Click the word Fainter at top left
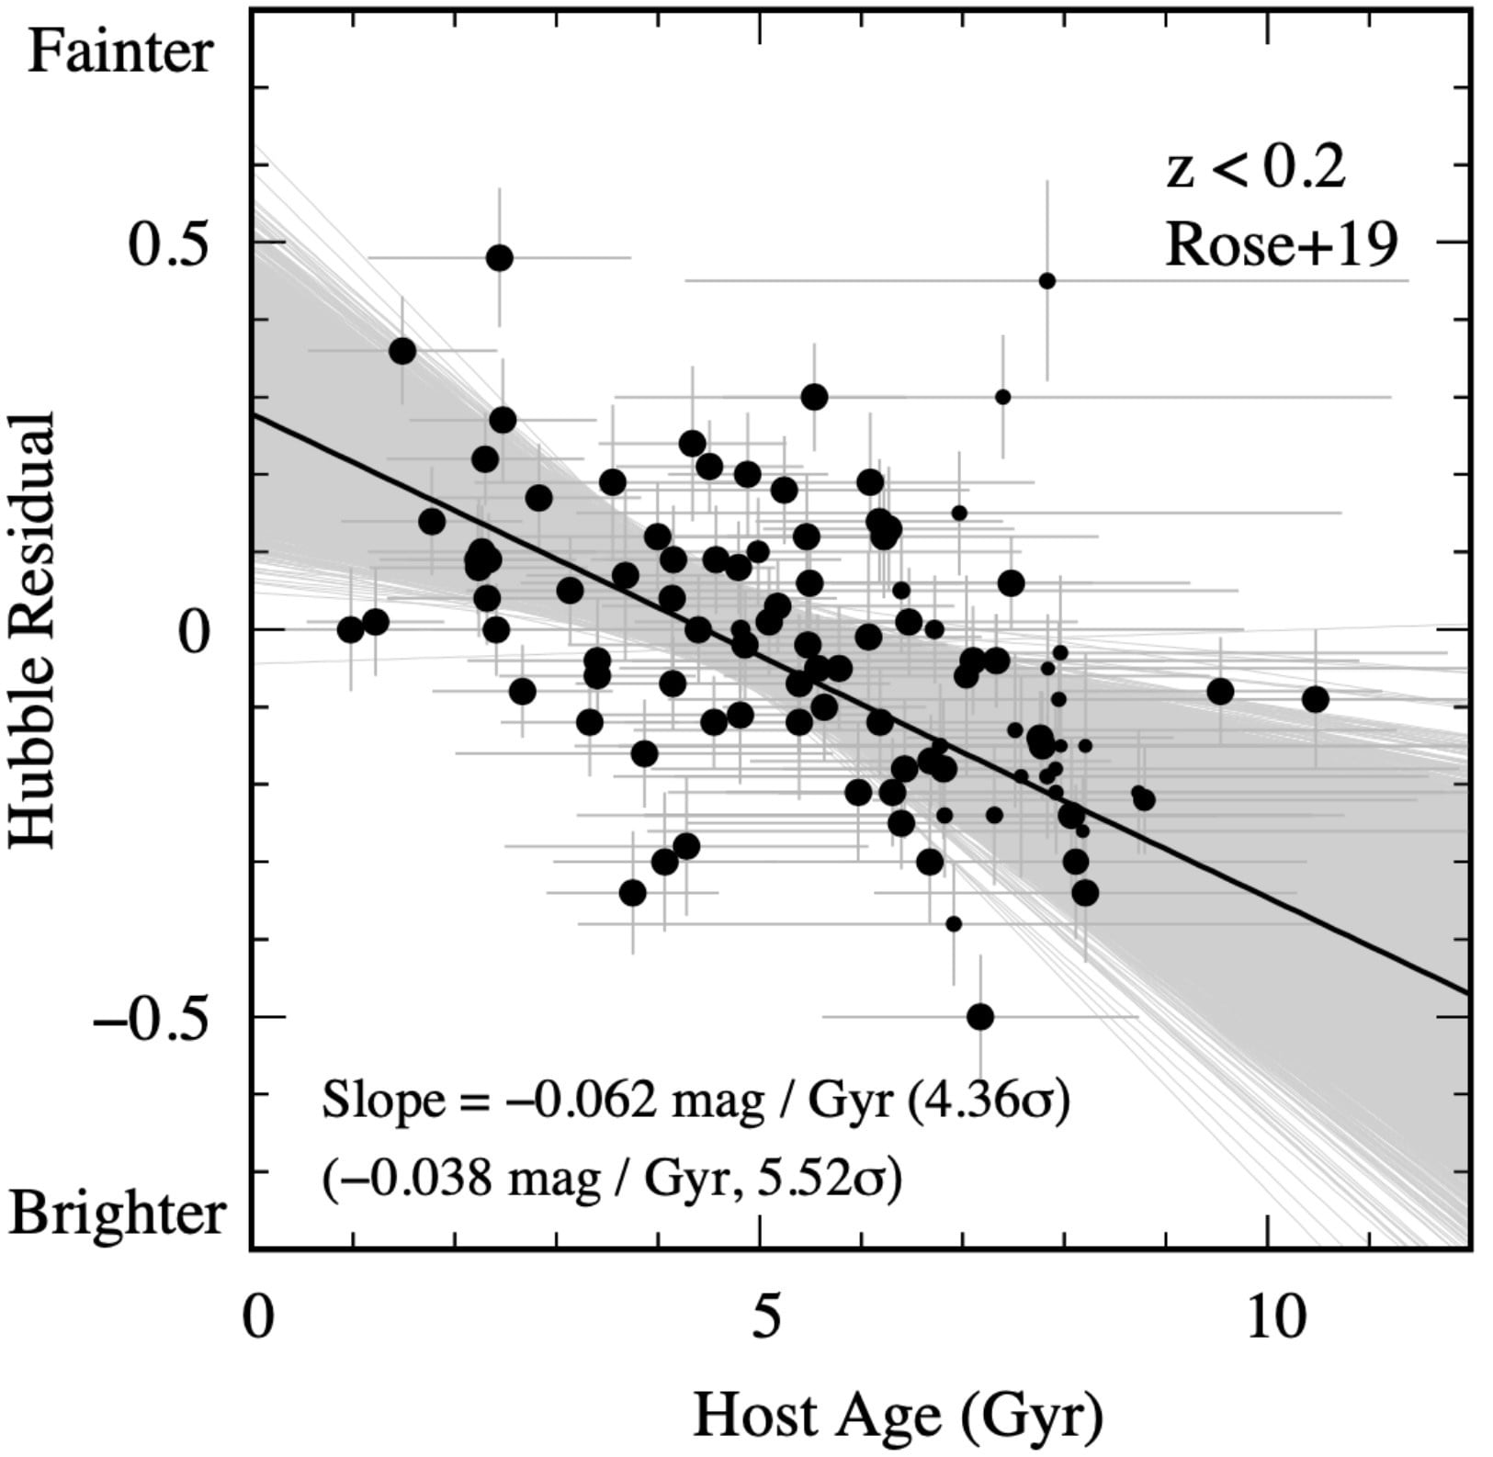[x=120, y=52]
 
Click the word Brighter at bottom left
[x=118, y=1214]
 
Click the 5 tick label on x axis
[x=761, y=1317]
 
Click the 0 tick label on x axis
[x=257, y=1317]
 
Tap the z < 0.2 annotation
[x=1255, y=169]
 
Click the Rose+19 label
[x=1282, y=246]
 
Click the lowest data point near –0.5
[x=980, y=1017]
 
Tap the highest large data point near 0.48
[x=499, y=258]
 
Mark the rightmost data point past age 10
[x=1315, y=699]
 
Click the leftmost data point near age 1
[x=350, y=630]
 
